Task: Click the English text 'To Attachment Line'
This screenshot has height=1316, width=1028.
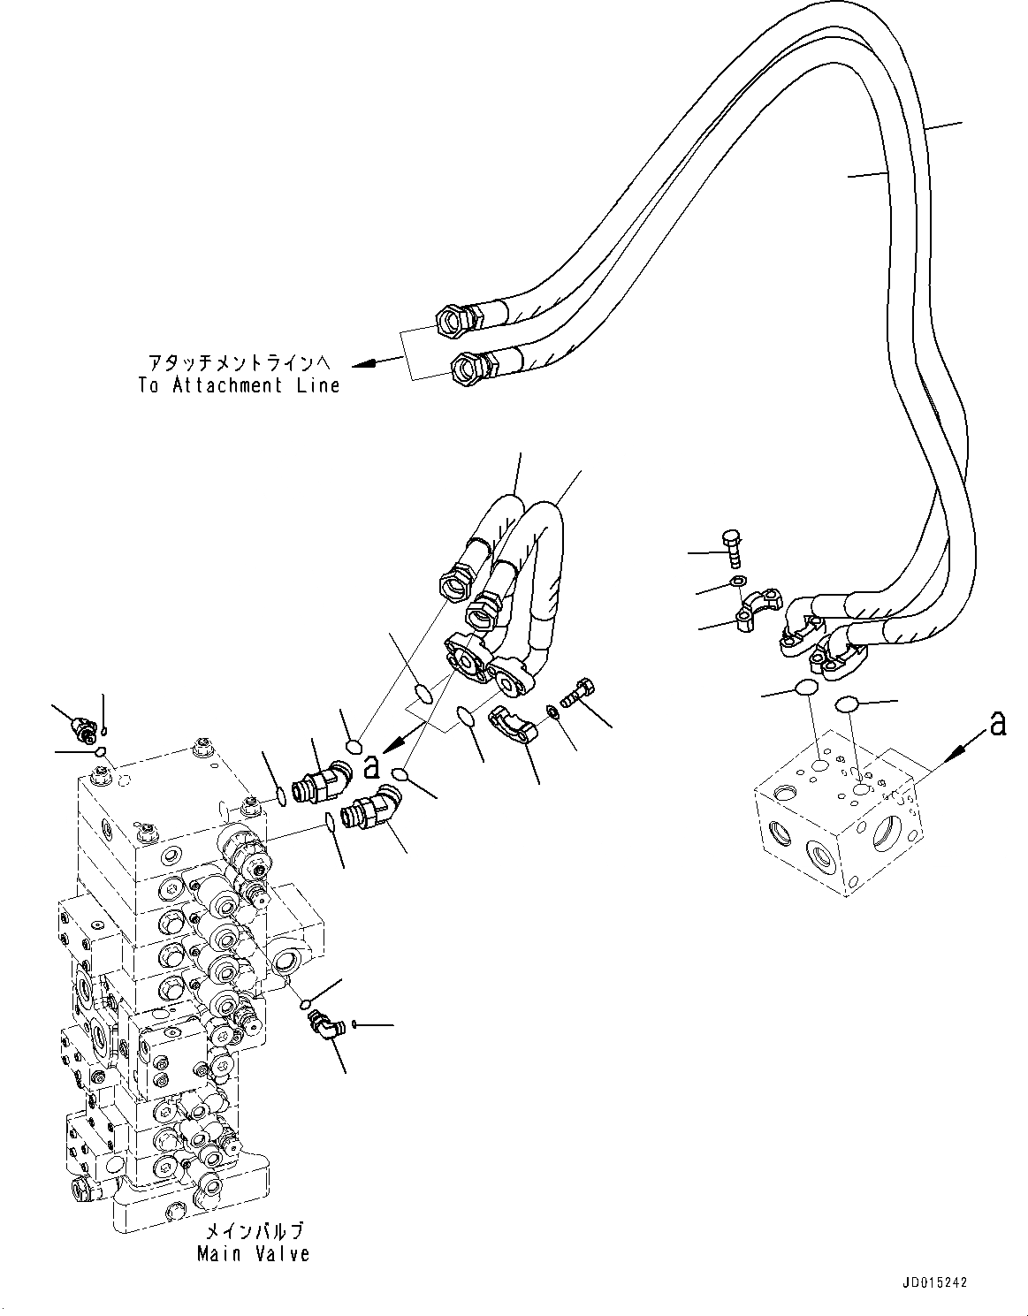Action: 239,385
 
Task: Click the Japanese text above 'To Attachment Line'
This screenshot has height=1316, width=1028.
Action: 239,363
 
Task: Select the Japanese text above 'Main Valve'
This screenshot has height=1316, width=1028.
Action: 254,1231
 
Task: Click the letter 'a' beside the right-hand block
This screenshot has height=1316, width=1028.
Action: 997,723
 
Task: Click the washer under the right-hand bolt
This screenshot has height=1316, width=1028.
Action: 735,582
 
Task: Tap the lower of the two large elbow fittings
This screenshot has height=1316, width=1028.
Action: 373,807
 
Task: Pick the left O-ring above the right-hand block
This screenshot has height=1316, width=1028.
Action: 805,689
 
